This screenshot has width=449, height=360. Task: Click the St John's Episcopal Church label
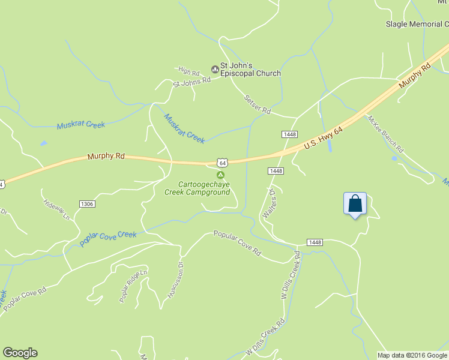click(x=250, y=70)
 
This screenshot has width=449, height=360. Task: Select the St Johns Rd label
click(x=191, y=82)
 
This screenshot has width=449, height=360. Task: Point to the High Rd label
click(x=188, y=71)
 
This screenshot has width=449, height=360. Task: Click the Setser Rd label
click(x=258, y=104)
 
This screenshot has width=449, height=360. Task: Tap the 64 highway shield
click(x=223, y=163)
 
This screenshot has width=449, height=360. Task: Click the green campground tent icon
click(x=220, y=175)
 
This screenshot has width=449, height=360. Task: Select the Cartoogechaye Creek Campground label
click(x=197, y=188)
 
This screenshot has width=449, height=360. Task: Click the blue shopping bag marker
click(x=355, y=203)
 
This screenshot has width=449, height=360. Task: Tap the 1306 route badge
click(x=87, y=204)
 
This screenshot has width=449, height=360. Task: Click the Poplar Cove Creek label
click(x=108, y=239)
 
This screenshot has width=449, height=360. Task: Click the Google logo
click(x=20, y=353)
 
